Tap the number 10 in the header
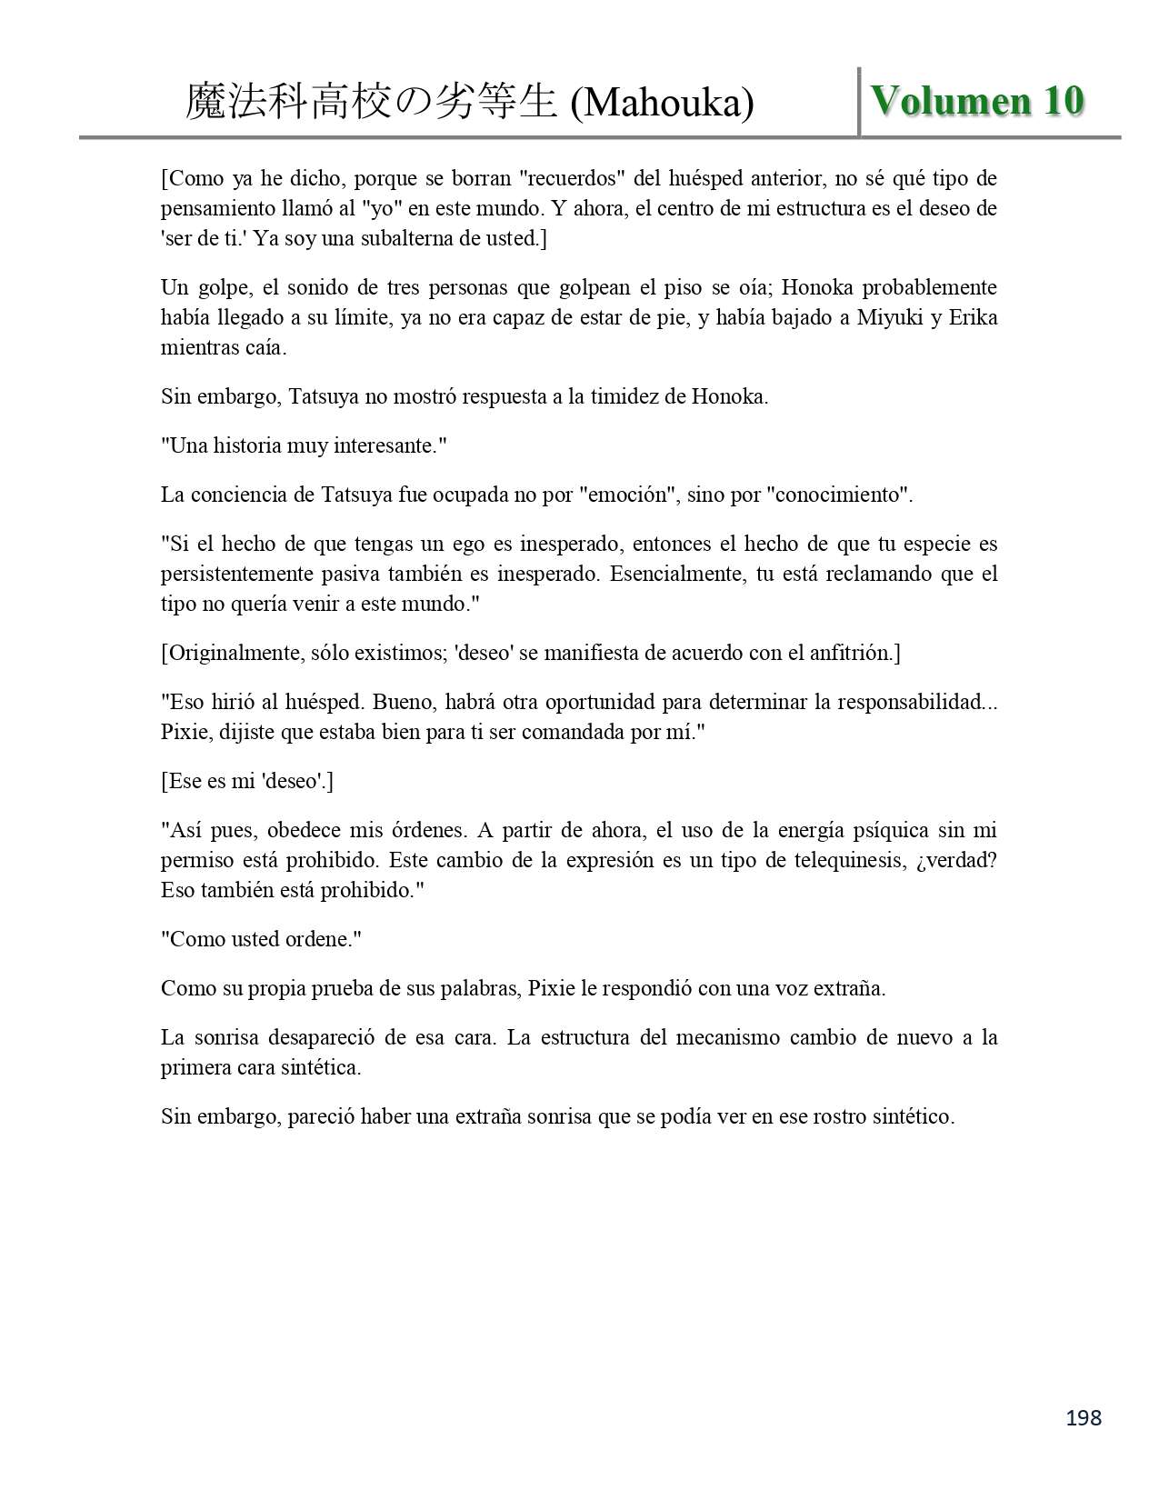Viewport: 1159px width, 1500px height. [1063, 101]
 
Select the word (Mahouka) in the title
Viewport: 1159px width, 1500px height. [661, 103]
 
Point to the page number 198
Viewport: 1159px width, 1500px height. [1083, 1417]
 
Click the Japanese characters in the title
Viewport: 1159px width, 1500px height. [371, 103]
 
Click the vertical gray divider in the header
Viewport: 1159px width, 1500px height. [859, 102]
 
